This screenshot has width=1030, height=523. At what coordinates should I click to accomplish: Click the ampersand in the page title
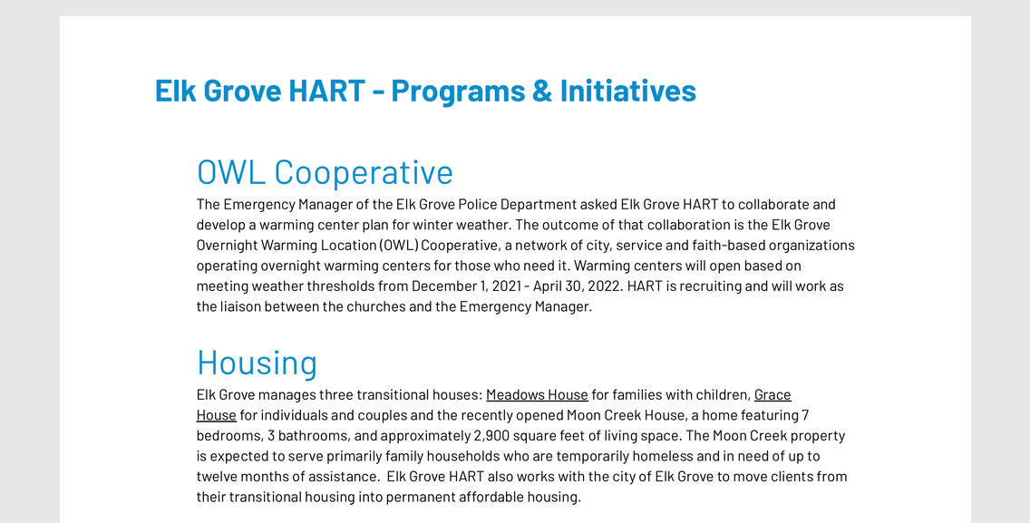click(542, 91)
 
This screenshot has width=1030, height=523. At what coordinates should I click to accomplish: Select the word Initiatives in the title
click(628, 91)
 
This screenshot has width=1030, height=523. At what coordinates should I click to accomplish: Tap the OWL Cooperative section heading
click(325, 172)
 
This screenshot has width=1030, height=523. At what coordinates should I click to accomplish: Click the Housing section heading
click(257, 363)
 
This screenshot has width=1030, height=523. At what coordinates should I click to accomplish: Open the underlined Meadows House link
click(537, 395)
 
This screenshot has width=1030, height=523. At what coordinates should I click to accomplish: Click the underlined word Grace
click(772, 395)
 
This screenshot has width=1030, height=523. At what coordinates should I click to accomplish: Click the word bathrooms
click(306, 436)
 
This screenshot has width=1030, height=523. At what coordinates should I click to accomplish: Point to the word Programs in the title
click(458, 92)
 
